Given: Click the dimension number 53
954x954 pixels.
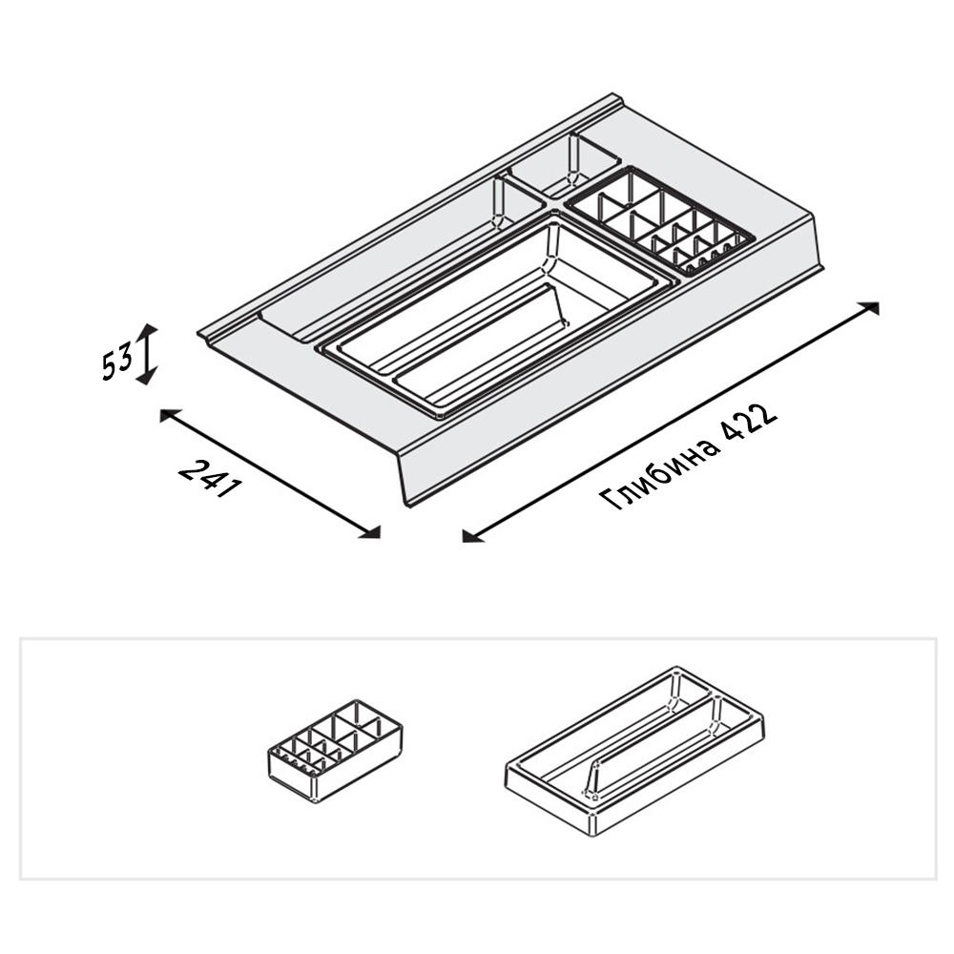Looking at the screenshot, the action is pos(116,361).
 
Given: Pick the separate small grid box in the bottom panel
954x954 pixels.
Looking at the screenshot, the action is pos(335,752).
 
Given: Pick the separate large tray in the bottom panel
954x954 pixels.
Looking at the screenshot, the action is pos(634,750).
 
